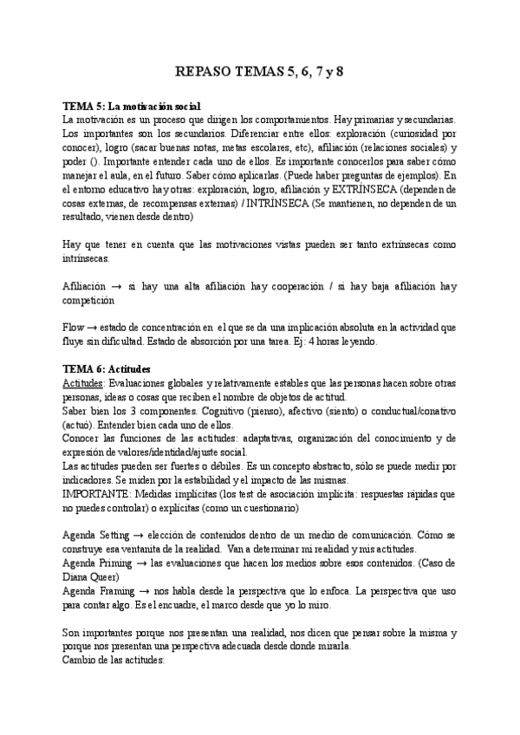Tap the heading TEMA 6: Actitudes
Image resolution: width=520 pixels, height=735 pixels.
(x=107, y=368)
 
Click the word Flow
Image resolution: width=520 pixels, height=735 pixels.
(x=75, y=328)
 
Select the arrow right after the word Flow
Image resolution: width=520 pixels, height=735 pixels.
(x=94, y=328)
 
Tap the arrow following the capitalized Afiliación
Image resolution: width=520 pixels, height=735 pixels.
(x=114, y=287)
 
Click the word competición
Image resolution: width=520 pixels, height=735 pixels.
(x=89, y=301)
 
